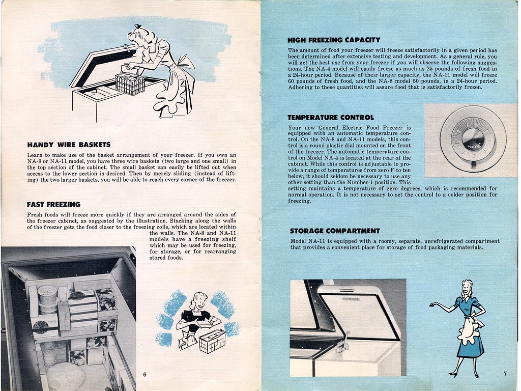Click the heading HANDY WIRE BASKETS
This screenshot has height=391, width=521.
(69, 145)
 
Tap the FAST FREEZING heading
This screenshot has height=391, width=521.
(53, 205)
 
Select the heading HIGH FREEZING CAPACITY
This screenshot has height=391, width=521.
(334, 40)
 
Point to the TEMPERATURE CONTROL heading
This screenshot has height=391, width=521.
(331, 118)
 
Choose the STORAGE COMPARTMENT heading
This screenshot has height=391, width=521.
(335, 231)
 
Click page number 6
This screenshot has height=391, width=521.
(144, 375)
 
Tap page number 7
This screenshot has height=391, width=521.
(505, 374)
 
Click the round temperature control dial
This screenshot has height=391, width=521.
(473, 138)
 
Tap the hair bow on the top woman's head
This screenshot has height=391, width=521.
(137, 26)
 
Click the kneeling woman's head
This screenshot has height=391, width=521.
(199, 301)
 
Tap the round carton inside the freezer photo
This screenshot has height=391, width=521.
(47, 298)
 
